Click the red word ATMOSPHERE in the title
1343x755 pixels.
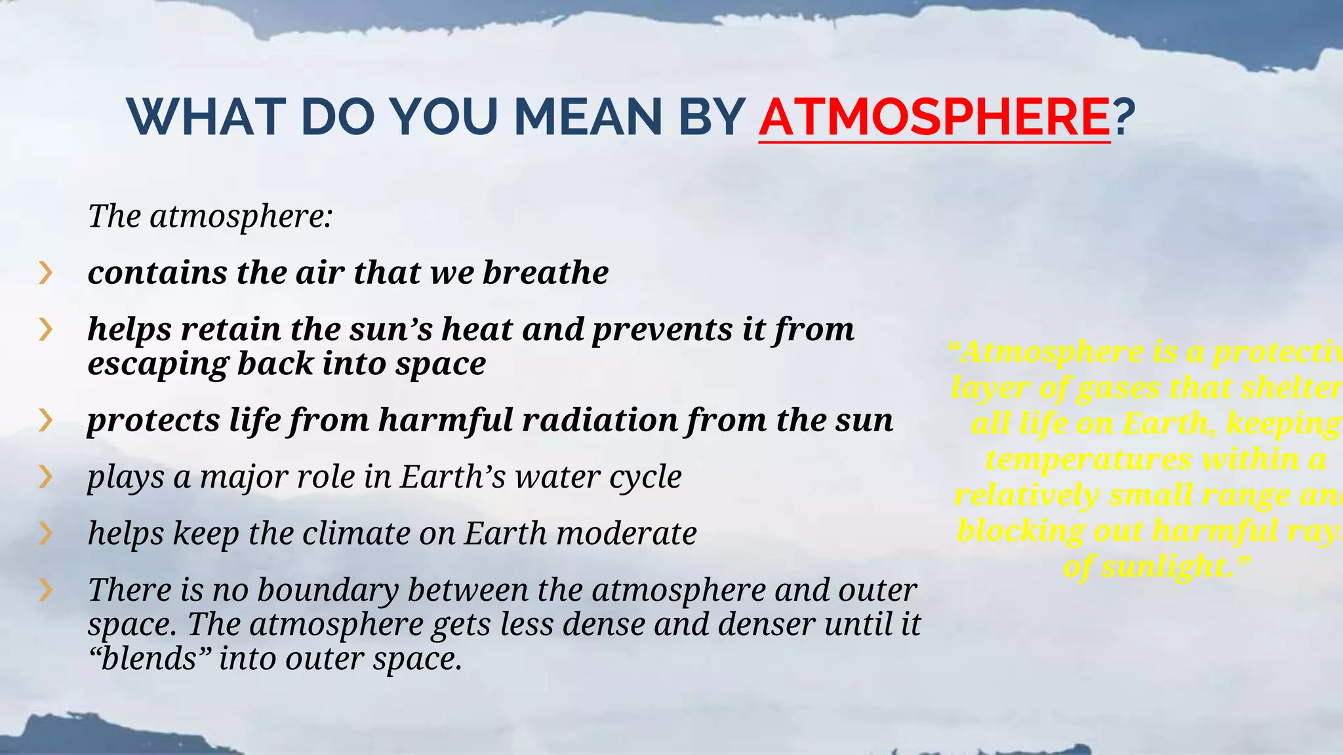coord(934,117)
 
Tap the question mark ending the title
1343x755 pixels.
coord(1124,117)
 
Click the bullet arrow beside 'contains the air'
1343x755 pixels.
coord(45,272)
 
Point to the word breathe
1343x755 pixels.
coord(545,272)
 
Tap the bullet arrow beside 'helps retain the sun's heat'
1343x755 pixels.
coord(45,329)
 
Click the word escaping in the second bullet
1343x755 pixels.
coord(158,364)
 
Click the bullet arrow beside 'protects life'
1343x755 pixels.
coord(45,420)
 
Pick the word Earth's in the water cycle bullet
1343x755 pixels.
coord(453,476)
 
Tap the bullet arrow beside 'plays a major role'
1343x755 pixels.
coord(45,476)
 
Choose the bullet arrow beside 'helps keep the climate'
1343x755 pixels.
coord(45,533)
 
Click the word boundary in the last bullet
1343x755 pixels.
coord(328,590)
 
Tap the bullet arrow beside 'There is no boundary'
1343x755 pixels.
coord(45,590)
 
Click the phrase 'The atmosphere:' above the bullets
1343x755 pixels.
coord(210,216)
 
